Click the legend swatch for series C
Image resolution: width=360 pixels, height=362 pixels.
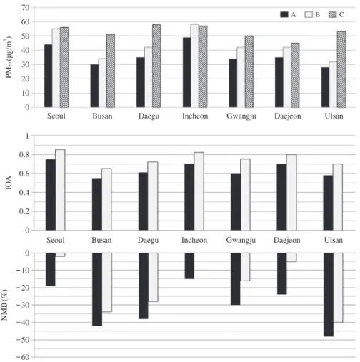coord(333,15)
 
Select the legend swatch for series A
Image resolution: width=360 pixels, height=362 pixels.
coord(284,15)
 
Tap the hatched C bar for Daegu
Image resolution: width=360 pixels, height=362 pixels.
coord(156,66)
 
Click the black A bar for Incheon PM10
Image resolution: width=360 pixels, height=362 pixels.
coord(187,72)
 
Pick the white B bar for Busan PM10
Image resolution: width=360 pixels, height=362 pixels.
coord(102,83)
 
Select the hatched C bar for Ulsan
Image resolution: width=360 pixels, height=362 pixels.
coord(341,69)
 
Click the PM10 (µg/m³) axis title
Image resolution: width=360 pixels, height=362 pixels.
coord(9,58)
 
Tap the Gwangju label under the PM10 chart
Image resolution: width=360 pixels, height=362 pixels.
coord(241,116)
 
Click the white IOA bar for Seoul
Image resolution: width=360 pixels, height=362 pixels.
coord(60,190)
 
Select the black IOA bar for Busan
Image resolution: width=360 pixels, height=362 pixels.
coord(97,204)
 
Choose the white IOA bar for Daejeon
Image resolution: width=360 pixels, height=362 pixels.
coord(291,193)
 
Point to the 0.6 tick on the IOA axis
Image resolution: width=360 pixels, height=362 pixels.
coord(24,174)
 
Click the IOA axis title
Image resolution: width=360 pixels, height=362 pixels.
coord(9,183)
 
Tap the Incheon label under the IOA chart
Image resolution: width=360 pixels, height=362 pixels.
coord(194,240)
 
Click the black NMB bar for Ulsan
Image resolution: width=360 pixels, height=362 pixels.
coord(329,295)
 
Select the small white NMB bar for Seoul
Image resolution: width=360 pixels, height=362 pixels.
coord(60,255)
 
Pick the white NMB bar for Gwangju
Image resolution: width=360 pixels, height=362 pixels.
coord(245,267)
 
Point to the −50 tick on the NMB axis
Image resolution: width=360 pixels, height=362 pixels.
coord(23,340)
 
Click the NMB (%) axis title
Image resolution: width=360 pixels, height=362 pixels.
coord(5,305)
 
